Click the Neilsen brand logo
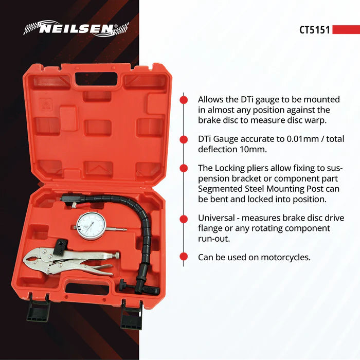pyautogui.click(x=76, y=29)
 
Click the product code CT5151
pyautogui.click(x=315, y=30)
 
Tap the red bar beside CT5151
pyautogui.click(x=346, y=30)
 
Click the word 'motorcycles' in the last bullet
pyautogui.click(x=286, y=257)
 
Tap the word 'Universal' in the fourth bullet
pyautogui.click(x=217, y=218)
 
